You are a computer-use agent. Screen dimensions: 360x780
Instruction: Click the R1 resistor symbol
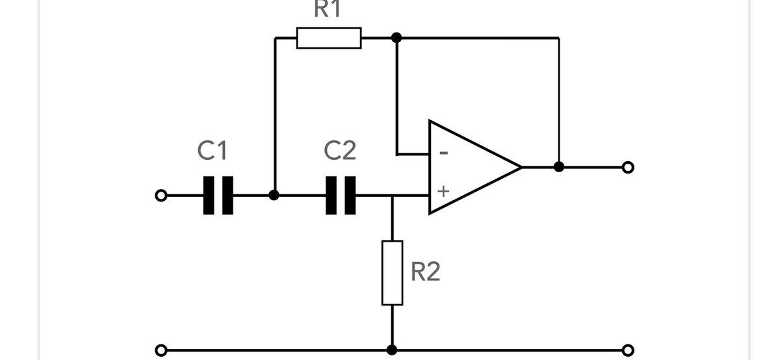[x=328, y=38]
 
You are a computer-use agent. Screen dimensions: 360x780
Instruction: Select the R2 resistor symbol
[x=392, y=272]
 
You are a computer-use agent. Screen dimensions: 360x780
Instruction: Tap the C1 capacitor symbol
[x=218, y=195]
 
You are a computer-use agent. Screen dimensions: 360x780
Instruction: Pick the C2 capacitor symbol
[x=341, y=195]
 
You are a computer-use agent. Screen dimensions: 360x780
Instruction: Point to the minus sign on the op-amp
[x=443, y=153]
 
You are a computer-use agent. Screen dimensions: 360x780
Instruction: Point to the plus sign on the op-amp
[x=443, y=192]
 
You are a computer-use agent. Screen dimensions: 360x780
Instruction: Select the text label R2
[x=426, y=272]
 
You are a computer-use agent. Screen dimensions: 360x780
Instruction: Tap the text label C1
[x=213, y=151]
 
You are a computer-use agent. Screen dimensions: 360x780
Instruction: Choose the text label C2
[x=340, y=151]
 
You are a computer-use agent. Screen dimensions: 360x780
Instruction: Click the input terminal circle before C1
[x=161, y=195]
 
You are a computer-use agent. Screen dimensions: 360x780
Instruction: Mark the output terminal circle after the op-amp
[x=627, y=168]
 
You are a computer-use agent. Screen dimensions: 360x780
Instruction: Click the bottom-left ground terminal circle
[x=161, y=350]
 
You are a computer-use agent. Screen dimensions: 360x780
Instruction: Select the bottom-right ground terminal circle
[x=627, y=350]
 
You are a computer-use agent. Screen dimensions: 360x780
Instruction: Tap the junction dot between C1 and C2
[x=274, y=195]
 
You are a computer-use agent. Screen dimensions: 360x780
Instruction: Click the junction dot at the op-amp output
[x=558, y=167]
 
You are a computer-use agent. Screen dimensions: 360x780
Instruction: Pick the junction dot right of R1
[x=397, y=38]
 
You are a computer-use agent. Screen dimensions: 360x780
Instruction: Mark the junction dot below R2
[x=392, y=350]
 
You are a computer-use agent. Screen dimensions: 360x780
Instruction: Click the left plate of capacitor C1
[x=209, y=195]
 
